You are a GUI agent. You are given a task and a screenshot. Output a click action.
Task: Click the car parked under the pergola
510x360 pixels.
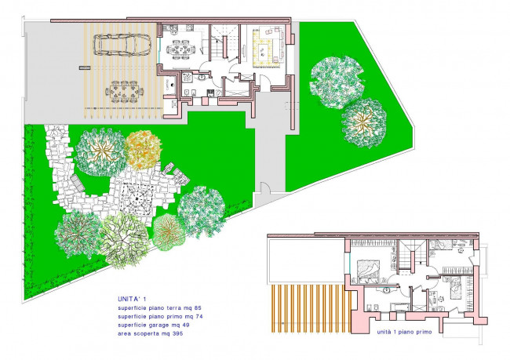click(x=122, y=44)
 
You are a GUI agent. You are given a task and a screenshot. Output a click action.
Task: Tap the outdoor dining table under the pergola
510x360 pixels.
click(x=124, y=92)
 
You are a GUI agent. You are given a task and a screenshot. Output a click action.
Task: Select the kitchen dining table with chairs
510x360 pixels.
click(x=181, y=49)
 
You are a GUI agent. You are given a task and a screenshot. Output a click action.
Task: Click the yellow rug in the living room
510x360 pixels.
click(x=267, y=48)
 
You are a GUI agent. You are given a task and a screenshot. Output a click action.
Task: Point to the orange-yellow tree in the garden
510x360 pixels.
click(x=143, y=149)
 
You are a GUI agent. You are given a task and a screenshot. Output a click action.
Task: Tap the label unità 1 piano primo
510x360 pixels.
click(x=404, y=332)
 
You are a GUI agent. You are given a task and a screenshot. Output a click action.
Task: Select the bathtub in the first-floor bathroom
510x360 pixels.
click(x=398, y=307)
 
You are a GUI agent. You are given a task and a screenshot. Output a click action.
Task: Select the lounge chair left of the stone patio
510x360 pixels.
click(x=78, y=183)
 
